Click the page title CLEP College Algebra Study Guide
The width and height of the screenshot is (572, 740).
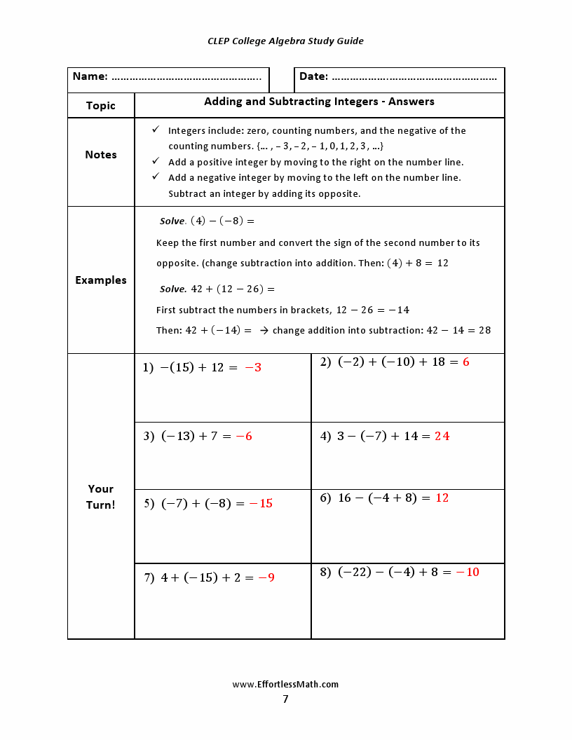point(285,41)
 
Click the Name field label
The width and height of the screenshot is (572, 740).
point(90,76)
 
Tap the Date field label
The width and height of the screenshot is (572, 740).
point(313,76)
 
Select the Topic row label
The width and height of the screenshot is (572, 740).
point(101,106)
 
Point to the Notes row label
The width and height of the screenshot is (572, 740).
point(101,155)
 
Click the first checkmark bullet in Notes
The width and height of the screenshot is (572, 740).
point(156,130)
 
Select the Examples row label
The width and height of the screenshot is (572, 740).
point(101,280)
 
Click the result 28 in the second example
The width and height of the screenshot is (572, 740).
point(484,330)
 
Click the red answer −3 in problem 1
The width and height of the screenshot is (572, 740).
point(253,367)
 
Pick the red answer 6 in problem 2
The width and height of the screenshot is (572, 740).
point(466,362)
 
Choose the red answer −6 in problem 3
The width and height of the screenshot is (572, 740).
point(244,437)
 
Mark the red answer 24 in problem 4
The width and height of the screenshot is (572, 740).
point(442,437)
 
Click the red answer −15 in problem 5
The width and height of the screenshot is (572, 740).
point(261,504)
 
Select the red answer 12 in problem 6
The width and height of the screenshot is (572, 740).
point(442,498)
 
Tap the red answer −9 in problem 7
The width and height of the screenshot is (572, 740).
point(266,578)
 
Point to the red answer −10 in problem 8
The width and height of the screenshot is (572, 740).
point(468,573)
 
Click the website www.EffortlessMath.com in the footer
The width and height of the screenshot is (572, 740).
point(285,685)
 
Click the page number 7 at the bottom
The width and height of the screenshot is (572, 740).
point(285,699)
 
